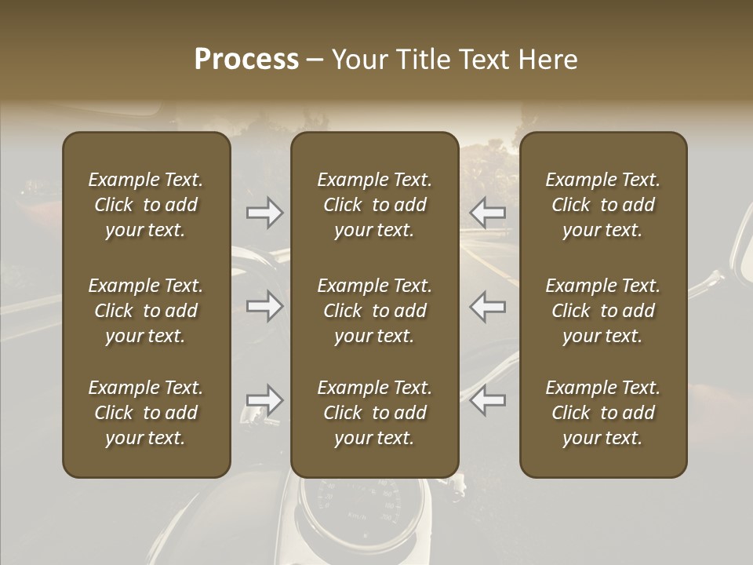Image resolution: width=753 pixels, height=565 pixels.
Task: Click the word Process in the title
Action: [x=246, y=60]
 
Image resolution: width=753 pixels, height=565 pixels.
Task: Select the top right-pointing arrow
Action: [x=264, y=213]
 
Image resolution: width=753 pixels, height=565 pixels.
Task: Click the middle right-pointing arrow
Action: [x=264, y=306]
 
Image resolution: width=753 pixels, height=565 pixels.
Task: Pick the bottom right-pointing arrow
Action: [x=264, y=400]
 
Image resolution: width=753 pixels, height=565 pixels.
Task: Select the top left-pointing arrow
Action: [x=488, y=213]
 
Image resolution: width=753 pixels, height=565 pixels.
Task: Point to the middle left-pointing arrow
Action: [x=488, y=306]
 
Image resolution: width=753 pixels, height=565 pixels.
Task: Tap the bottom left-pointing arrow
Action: [x=488, y=400]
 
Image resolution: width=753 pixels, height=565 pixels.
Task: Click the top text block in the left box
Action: [x=146, y=205]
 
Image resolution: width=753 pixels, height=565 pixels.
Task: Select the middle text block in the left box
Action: [x=146, y=311]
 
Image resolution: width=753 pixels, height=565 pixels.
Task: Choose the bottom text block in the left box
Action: [x=146, y=413]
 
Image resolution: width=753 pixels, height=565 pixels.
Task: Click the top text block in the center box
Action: [x=375, y=205]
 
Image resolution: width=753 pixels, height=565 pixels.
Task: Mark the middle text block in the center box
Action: [x=375, y=311]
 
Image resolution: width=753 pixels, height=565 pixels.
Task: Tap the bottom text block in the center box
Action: [x=375, y=413]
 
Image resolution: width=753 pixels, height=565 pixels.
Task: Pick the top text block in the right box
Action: [x=603, y=205]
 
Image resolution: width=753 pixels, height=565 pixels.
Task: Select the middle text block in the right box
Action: [x=603, y=311]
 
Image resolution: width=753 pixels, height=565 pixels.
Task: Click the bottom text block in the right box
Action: [x=603, y=413]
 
